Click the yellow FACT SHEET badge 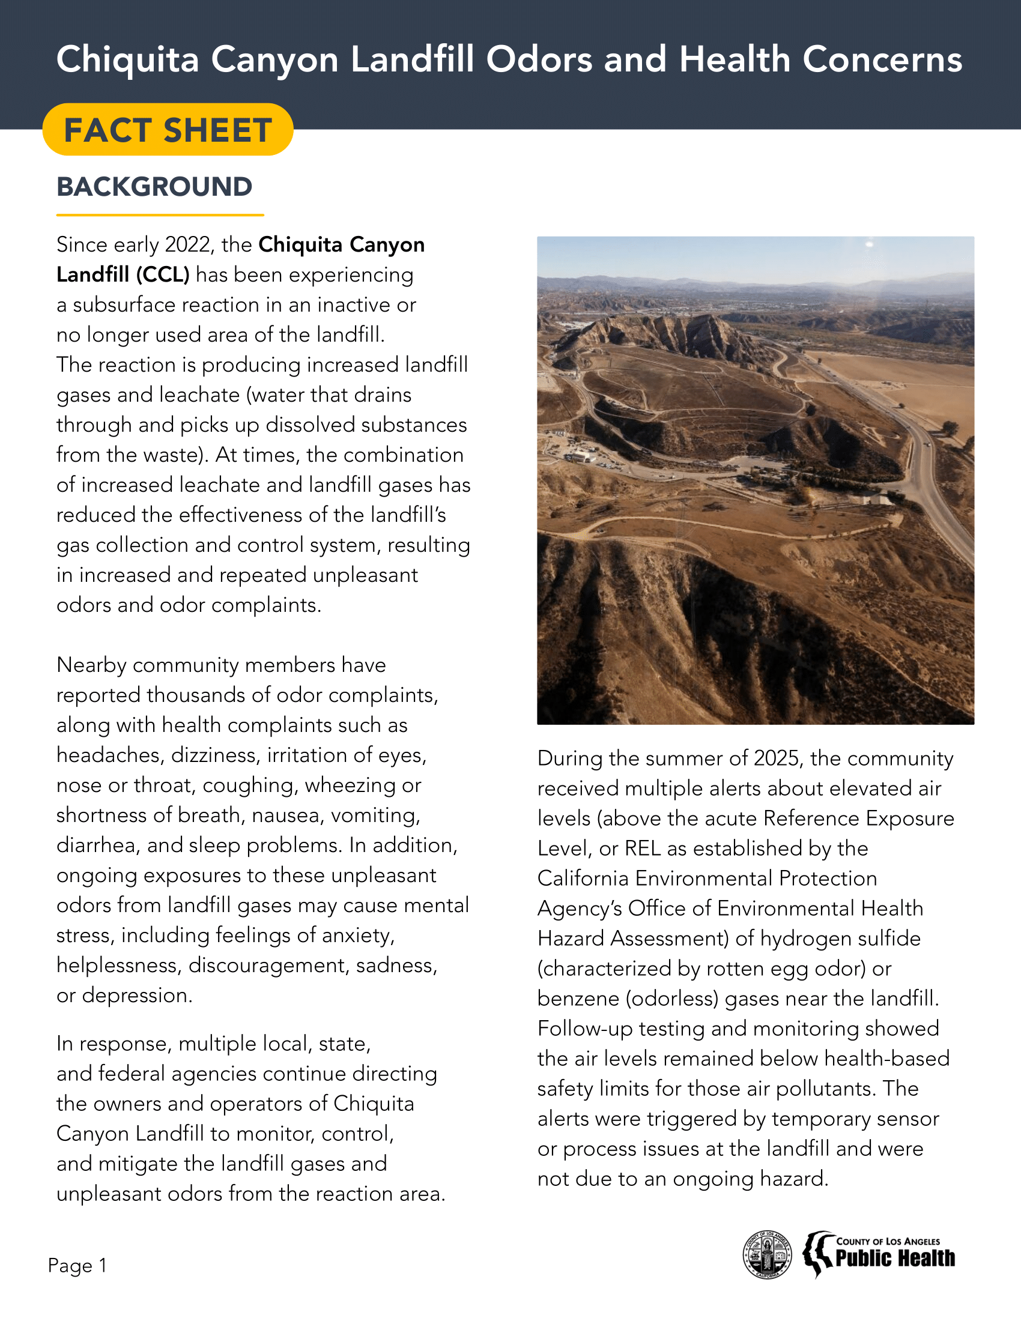[168, 130]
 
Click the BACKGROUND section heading [154, 186]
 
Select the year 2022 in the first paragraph [187, 244]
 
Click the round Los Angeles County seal [767, 1255]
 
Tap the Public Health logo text [895, 1259]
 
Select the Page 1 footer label [77, 1265]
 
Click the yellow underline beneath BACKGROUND [160, 215]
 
